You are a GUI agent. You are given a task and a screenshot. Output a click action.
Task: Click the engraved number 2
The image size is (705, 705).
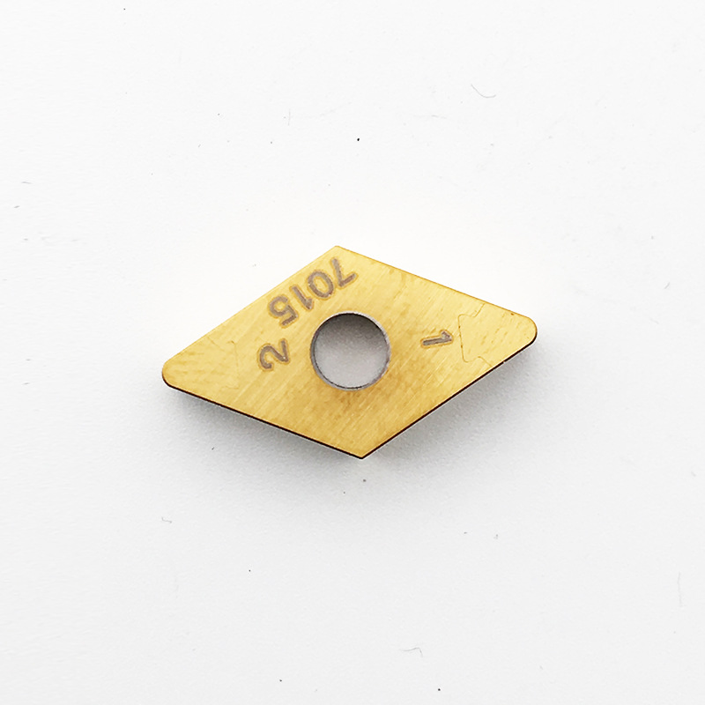271,354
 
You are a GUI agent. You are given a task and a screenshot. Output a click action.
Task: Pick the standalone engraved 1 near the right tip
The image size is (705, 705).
436,338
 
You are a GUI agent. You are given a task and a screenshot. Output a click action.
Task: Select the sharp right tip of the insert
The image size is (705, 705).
534,329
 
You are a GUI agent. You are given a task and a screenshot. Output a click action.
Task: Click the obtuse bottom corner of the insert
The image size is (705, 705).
362,456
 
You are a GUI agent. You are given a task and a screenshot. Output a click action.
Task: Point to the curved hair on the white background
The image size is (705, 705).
484,90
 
